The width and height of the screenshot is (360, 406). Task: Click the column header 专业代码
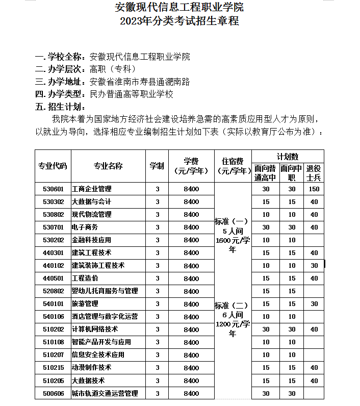[53, 166]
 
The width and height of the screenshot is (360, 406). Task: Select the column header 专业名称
[108, 166]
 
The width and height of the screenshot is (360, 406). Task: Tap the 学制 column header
[157, 166]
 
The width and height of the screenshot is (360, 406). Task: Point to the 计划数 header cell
[288, 156]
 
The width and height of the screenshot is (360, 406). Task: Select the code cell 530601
[53, 189]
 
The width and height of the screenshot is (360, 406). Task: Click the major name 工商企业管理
[92, 189]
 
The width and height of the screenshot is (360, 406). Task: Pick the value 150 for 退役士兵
[314, 189]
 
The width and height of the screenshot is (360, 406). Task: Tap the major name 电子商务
[85, 227]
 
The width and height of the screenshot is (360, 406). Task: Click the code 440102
[53, 265]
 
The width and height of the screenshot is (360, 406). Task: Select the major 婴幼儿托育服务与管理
[105, 291]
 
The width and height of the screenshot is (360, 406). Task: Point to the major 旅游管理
[85, 304]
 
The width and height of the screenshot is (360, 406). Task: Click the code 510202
[53, 329]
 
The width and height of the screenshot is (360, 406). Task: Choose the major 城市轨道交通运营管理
[105, 393]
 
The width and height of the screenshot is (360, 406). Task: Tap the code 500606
[53, 393]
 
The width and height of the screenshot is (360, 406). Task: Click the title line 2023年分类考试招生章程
[179, 21]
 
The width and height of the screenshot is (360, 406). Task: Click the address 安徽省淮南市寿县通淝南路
[139, 82]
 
